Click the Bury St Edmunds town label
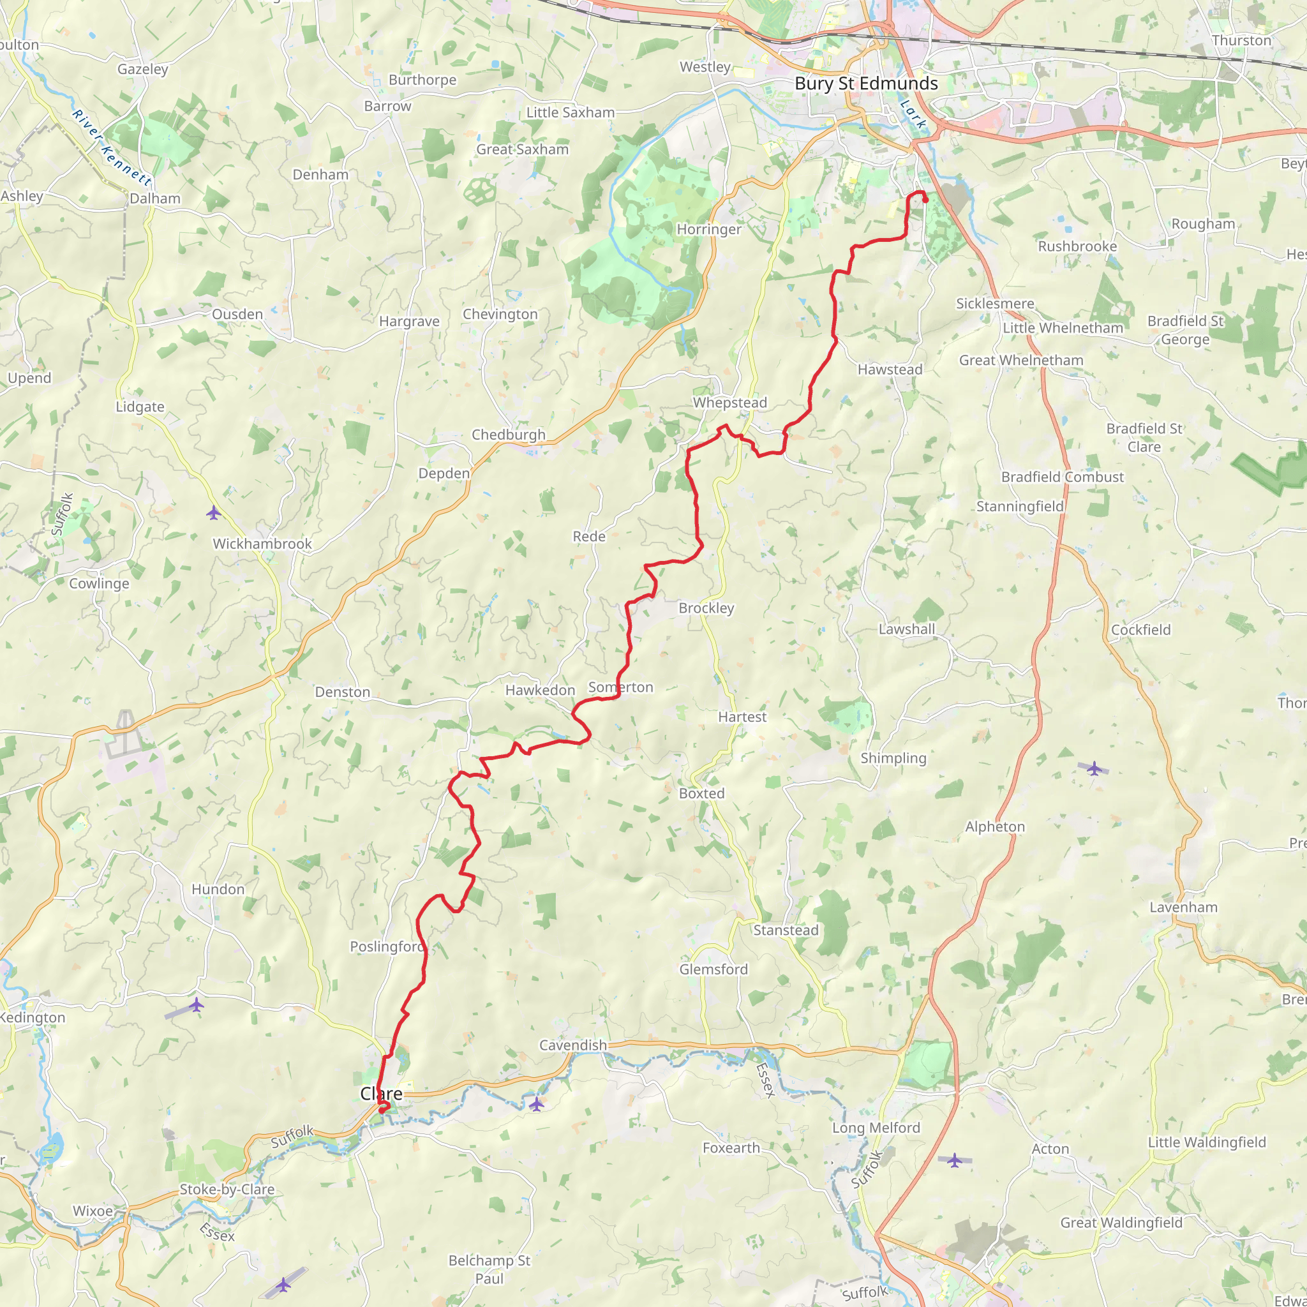tap(866, 83)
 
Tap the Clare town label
tap(381, 1094)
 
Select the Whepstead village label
tap(730, 403)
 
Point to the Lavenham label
tap(1183, 907)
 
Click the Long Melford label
tap(876, 1128)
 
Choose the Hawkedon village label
tap(540, 690)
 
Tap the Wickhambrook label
tap(262, 544)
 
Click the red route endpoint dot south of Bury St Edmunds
tap(925, 200)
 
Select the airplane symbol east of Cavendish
tap(537, 1105)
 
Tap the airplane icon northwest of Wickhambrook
tap(214, 513)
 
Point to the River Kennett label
tap(112, 147)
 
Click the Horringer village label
tap(709, 229)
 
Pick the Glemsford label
tap(713, 969)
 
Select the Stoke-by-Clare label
tap(227, 1190)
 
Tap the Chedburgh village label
tap(508, 435)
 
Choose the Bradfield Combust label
tap(1062, 477)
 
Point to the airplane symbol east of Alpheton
tap(1094, 768)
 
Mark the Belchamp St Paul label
tap(489, 1269)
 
